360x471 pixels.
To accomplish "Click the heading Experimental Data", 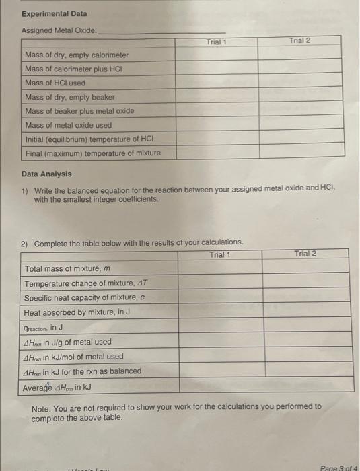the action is pos(54,13).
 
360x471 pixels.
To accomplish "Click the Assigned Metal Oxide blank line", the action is pos(161,31).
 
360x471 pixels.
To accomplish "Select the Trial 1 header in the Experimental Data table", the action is pos(216,42).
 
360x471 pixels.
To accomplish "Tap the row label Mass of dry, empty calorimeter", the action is pos(76,55).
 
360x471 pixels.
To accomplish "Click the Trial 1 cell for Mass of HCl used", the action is pos(216,83).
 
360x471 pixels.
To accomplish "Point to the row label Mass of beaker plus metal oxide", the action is pos(79,111).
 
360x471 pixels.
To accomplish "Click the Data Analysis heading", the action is pos(46,174).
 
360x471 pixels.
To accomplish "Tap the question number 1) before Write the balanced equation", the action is pos(25,191).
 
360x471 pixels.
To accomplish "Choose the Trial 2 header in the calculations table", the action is pos(305,254).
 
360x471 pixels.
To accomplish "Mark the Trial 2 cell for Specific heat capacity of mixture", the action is pos(305,297).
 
